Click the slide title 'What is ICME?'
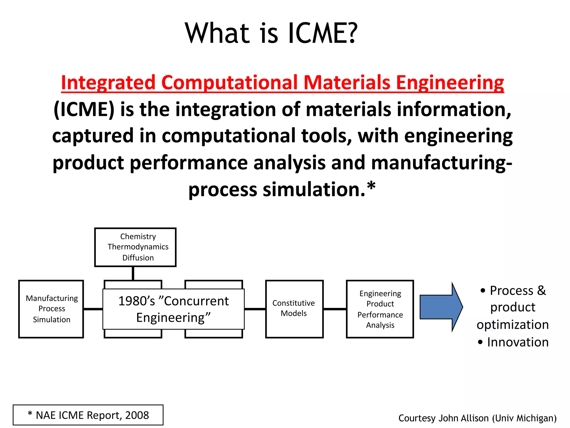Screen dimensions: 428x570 271,33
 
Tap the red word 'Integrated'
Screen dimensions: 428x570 108,82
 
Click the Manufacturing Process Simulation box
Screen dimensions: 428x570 51,309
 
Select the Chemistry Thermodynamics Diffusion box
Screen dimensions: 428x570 135,247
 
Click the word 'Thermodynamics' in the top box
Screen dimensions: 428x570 138,247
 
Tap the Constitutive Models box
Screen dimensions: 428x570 294,309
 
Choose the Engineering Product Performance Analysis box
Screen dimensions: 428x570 380,309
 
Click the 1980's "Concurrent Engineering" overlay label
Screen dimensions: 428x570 173,309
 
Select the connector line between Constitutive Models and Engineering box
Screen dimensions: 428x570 335,309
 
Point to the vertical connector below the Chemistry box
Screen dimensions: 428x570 133,273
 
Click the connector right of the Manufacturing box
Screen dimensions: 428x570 93,309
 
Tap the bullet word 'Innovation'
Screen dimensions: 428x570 518,342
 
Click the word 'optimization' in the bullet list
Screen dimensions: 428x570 513,325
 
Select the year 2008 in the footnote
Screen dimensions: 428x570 137,415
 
